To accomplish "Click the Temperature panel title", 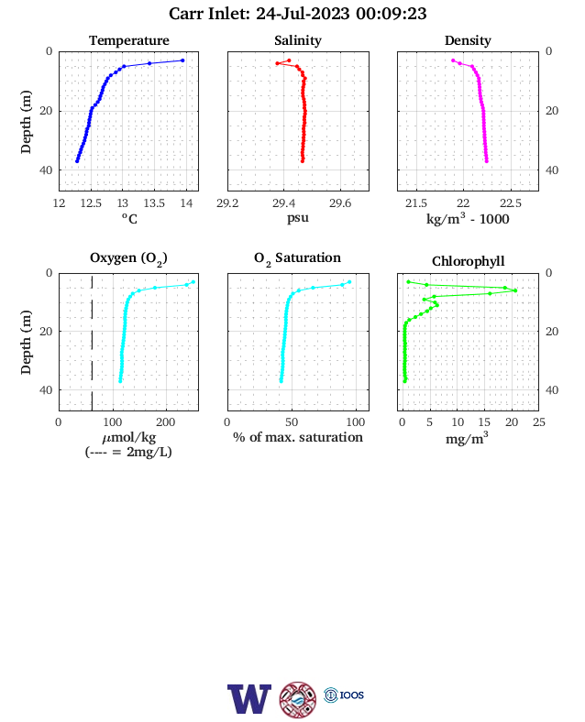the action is click(129, 40).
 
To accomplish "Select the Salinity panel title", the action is click(298, 40).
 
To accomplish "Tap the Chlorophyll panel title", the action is click(468, 261).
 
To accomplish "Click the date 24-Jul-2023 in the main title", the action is click(303, 14).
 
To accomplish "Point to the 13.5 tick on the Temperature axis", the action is click(154, 203).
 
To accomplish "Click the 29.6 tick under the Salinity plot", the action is click(340, 203).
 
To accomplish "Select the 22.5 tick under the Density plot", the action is click(511, 203).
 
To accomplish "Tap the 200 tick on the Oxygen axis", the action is click(165, 422).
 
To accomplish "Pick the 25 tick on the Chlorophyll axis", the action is click(539, 422).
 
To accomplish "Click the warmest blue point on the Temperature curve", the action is click(182, 60).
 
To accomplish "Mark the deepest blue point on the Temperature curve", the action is click(77, 161).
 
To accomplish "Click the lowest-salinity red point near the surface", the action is click(277, 63).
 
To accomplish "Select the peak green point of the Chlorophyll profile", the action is click(515, 290).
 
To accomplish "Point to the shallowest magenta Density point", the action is click(453, 60).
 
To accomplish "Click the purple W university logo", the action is click(249, 699).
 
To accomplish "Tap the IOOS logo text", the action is click(352, 695).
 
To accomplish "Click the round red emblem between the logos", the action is click(298, 700).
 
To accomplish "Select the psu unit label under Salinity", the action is click(298, 217).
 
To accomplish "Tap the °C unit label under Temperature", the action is click(129, 218).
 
